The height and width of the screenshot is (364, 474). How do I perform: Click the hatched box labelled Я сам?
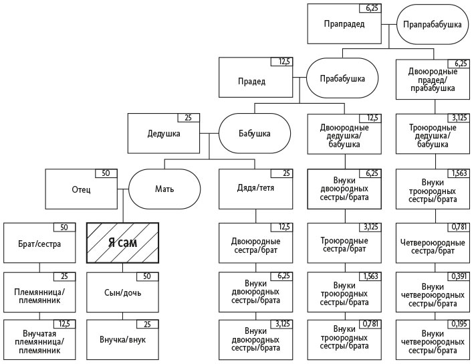pos(123,242)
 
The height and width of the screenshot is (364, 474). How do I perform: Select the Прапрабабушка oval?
pos(431,25)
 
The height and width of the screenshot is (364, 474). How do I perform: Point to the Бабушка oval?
pos(255,133)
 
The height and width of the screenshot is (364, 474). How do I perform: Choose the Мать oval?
pos(164,188)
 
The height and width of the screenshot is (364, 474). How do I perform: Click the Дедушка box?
pos(164,133)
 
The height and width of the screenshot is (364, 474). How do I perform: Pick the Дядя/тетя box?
pos(255,188)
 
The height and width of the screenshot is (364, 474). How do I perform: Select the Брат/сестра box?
pos(39,243)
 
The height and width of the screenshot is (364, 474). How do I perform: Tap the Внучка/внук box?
pos(123,340)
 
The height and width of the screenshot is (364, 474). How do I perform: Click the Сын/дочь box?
pos(123,292)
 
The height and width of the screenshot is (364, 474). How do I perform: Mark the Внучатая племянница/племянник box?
pos(39,341)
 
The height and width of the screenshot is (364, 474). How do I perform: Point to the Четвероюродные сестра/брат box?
pos(431,243)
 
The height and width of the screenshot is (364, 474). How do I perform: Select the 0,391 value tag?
pos(458,276)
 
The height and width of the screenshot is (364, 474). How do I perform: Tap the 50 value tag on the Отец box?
pos(105,173)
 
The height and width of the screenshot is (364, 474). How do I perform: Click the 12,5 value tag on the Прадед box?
pos(283,62)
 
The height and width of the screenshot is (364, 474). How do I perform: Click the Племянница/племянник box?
pos(39,292)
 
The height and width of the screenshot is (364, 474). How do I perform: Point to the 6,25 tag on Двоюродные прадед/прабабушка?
pos(458,62)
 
